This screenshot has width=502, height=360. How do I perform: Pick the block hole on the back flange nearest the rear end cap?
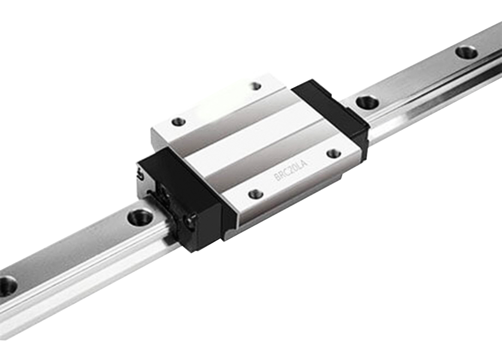click(x=255, y=86)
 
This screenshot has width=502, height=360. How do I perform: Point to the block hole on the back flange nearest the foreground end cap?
click(x=178, y=122)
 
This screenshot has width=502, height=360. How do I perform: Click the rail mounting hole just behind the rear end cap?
click(x=367, y=101)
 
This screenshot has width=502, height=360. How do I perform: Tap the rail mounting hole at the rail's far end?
click(x=466, y=52)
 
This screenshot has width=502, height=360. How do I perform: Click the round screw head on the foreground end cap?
click(x=189, y=221)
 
